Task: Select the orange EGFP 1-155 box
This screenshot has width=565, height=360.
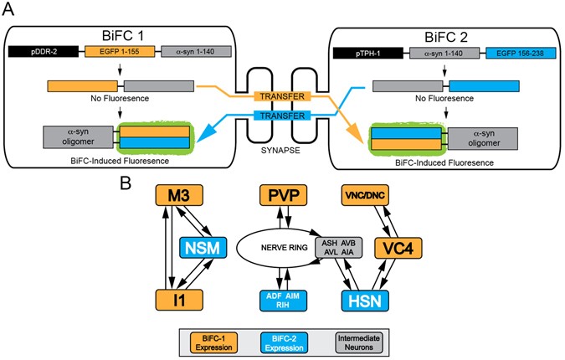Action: tap(118, 52)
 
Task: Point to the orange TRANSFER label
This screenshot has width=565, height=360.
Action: tap(282, 96)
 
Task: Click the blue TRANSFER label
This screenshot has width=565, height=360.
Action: tap(282, 115)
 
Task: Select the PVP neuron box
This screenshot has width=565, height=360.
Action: tap(281, 195)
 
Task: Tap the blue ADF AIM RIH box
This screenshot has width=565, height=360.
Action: tap(281, 301)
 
